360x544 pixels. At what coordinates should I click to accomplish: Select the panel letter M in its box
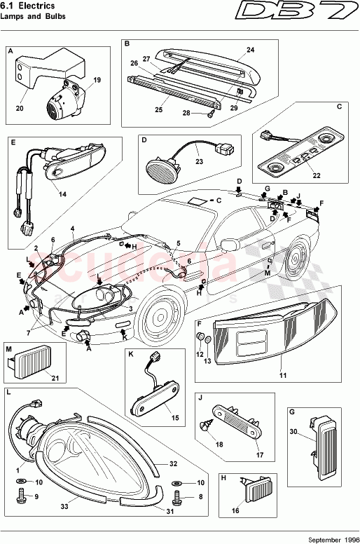click(x=9, y=348)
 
